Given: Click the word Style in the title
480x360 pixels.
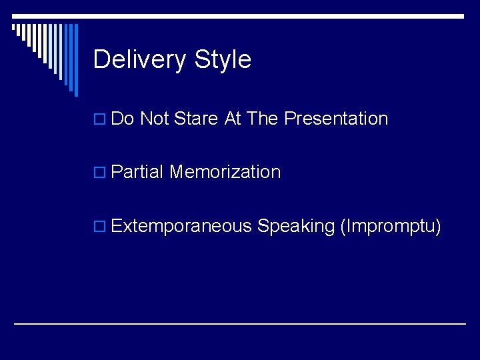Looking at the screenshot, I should coord(223,60).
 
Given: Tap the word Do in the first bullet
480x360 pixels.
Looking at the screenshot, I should coord(123,119).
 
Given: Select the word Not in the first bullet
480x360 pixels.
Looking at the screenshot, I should coord(155,119).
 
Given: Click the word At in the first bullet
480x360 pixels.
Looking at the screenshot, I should coord(233,119).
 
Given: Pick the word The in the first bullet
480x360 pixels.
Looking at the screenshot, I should coord(263,119).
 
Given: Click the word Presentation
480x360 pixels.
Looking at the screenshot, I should coord(336,119).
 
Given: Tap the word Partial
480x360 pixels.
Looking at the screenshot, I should coord(137,172).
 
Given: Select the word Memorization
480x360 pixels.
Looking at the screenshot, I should coord(225,172).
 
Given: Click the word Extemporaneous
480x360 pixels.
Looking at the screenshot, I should coord(181,227).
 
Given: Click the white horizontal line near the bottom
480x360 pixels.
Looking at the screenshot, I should coord(240,323).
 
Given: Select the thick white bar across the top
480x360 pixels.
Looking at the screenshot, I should coord(267,15).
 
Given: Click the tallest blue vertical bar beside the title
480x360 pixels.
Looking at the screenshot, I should coord(75,60).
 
